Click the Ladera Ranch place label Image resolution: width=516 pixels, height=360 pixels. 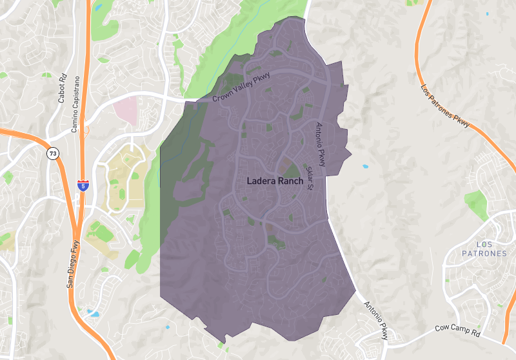275,181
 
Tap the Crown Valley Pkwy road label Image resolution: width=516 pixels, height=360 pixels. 241,88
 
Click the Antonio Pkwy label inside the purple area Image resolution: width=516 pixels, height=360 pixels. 319,146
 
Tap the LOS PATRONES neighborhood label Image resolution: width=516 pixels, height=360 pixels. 484,249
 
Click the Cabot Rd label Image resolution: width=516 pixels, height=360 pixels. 63,90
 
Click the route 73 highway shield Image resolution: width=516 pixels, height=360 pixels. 51,154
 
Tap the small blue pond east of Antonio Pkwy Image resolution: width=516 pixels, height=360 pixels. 365,166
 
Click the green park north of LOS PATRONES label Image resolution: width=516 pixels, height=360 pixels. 475,203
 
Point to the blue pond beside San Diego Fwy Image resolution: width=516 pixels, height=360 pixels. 94,314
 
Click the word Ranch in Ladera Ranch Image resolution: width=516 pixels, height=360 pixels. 290,181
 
